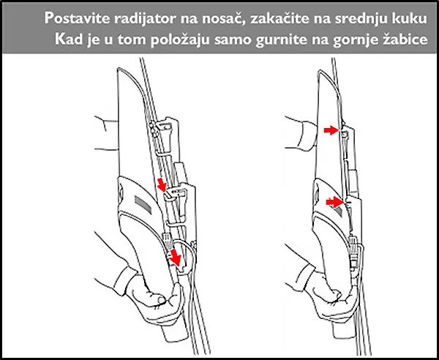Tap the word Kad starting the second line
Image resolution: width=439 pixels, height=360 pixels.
coord(68,38)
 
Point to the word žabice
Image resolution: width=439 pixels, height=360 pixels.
coord(401,38)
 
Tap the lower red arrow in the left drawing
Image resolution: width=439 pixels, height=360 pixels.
coord(176,257)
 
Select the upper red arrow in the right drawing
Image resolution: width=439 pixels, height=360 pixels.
coord(331,130)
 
